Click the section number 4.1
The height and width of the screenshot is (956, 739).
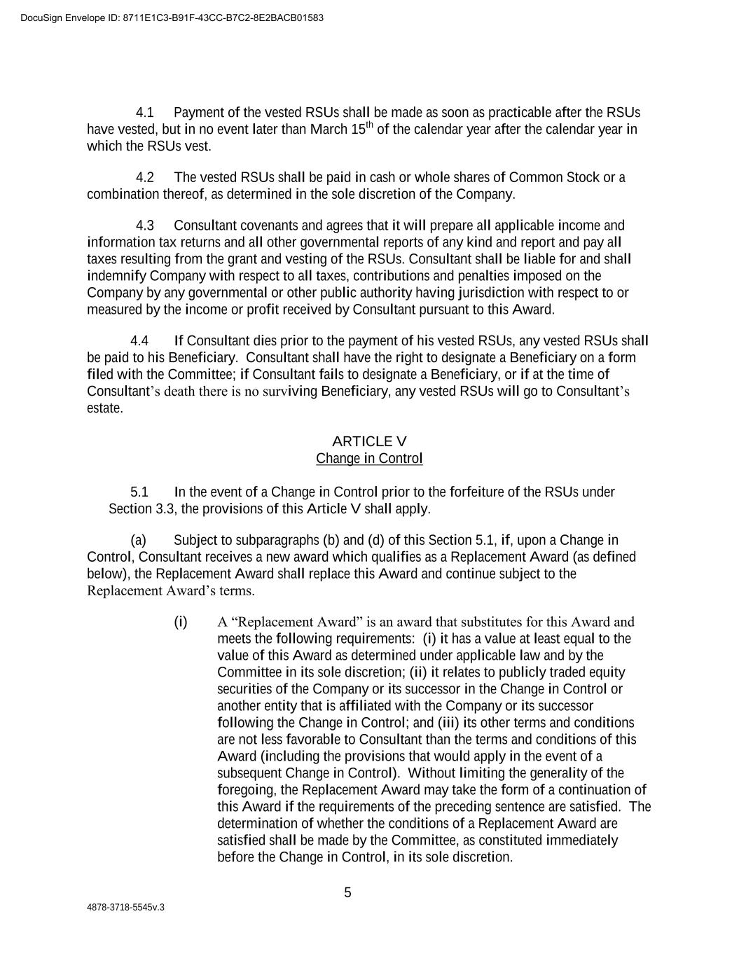(144, 113)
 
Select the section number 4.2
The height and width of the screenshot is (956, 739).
(144, 177)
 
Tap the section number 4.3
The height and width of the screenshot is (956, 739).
(144, 226)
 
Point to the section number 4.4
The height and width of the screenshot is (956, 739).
(139, 341)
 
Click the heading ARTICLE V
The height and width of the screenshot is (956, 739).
(369, 441)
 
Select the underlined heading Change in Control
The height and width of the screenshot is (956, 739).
(369, 458)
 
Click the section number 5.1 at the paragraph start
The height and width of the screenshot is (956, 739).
(139, 492)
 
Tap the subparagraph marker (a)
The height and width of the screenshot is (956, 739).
(138, 540)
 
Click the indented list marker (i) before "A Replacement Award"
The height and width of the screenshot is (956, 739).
(181, 622)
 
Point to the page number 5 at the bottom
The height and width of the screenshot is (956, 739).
(347, 893)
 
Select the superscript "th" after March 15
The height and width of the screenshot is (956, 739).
(369, 125)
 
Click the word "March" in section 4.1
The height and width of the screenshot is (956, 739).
(329, 130)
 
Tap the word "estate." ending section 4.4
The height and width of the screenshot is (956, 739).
(105, 408)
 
